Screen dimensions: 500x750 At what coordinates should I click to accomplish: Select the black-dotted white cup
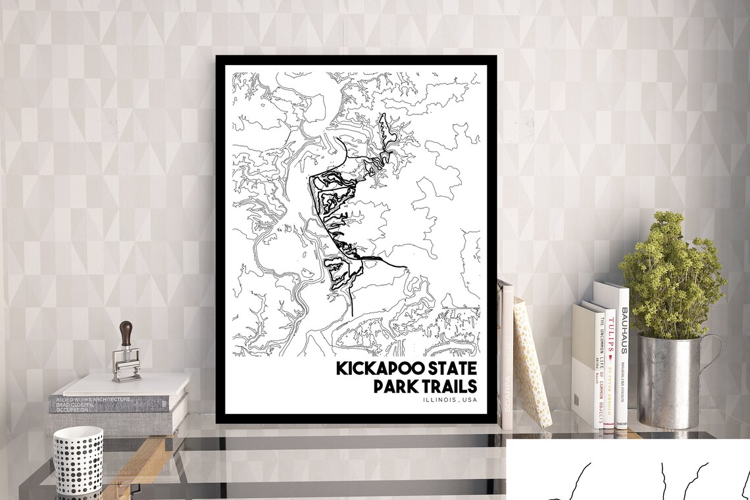coord(78,461)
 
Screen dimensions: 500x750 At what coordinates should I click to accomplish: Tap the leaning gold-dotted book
coord(532,362)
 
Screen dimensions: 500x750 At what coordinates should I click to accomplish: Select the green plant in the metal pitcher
coord(671,276)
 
